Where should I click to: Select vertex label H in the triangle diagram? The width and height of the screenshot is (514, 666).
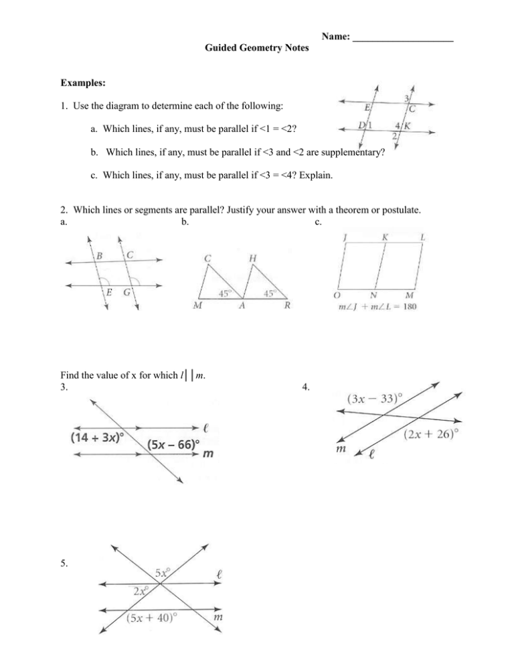(x=253, y=259)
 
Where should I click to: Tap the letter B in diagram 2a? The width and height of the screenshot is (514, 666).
(x=100, y=255)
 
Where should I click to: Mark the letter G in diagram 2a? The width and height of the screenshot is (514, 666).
(x=126, y=292)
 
